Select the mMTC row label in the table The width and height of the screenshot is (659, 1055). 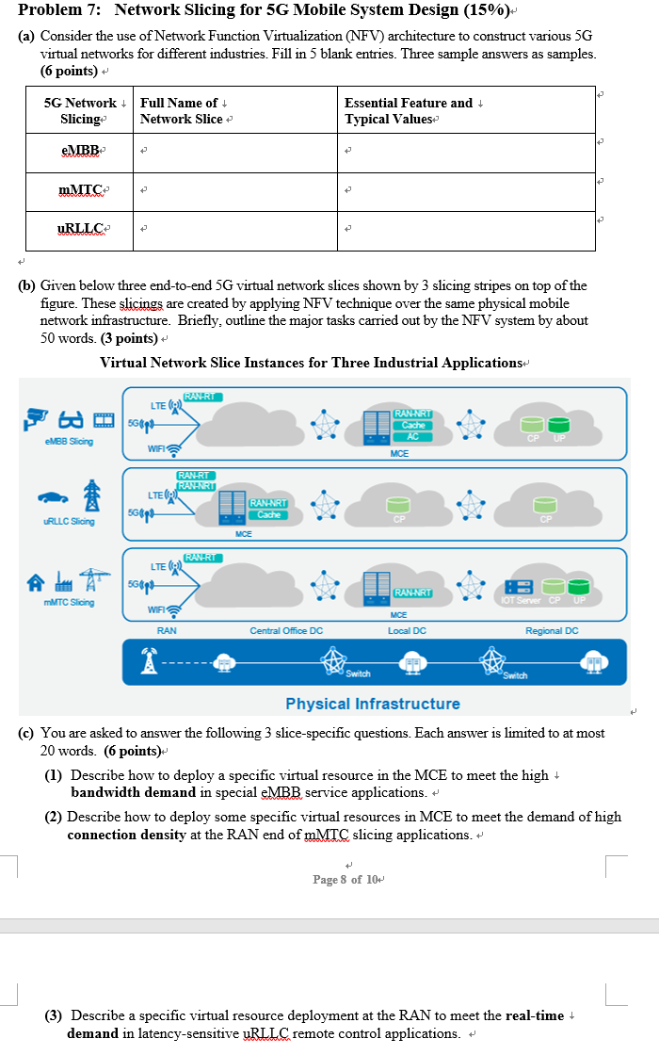click(x=80, y=192)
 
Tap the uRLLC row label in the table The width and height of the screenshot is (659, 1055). click(x=80, y=230)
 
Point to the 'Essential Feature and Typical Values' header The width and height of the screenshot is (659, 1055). click(x=410, y=110)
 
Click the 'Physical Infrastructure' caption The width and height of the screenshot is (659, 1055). click(x=373, y=704)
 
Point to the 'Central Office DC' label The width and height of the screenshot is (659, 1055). click(x=286, y=631)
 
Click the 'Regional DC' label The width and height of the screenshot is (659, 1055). click(x=552, y=631)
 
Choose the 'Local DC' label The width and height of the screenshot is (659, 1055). click(x=407, y=631)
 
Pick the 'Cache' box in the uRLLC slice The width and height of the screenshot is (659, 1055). click(x=268, y=514)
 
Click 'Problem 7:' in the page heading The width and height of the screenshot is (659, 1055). click(x=59, y=10)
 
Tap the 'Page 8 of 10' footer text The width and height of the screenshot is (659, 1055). click(x=346, y=879)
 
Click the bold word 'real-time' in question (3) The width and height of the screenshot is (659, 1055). click(x=535, y=1015)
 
